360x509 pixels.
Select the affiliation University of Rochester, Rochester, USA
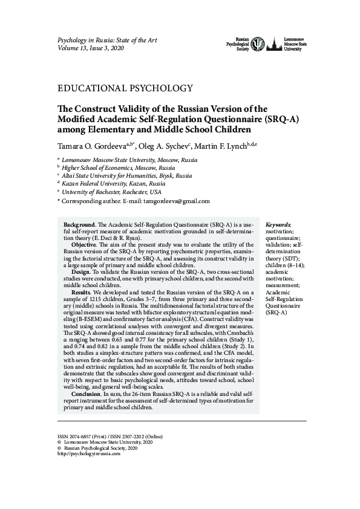click(118, 191)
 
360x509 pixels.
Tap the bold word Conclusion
click(87, 394)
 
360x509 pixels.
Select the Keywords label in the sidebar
click(278, 224)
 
